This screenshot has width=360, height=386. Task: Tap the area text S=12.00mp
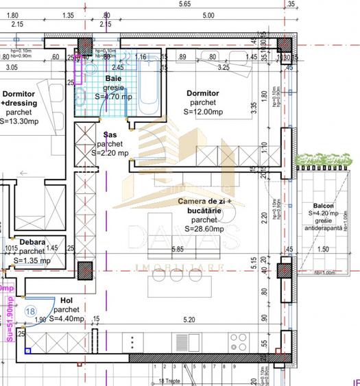[203, 112]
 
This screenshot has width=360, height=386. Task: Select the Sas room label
[110, 135]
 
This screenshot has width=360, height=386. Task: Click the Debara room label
[32, 242]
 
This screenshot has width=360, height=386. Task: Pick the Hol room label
[67, 300]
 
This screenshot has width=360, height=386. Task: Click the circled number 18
[30, 311]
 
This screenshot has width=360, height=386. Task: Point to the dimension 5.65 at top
[184, 4]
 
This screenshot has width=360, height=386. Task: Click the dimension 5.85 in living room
[178, 250]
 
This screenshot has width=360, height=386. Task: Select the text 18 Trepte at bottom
[171, 381]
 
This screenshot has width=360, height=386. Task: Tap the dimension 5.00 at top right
[208, 14]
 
